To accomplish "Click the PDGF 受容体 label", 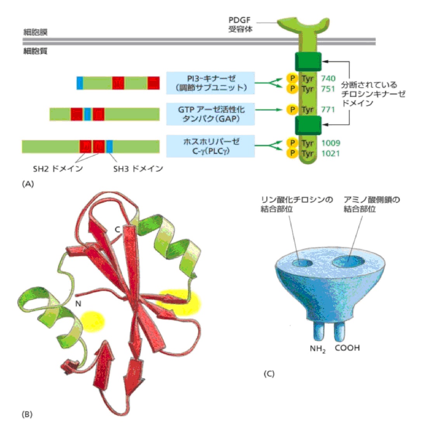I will click(240, 24).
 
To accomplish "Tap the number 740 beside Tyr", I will click(328, 78).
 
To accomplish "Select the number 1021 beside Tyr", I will click(330, 153).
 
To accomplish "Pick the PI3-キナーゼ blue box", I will click(210, 83).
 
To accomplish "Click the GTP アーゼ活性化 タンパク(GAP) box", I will click(210, 114).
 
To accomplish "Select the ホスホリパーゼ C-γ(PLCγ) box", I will click(210, 146).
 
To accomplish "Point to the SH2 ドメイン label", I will click(57, 169).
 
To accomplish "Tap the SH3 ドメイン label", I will click(138, 169).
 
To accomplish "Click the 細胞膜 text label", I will click(35, 32).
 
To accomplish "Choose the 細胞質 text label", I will click(35, 50).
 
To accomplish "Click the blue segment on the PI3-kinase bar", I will click(80, 83).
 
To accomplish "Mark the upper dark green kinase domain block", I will click(308, 62).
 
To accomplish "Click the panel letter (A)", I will click(28, 184).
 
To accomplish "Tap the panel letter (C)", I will click(269, 374).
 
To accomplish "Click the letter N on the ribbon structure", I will click(78, 303).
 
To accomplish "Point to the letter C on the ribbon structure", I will click(117, 229).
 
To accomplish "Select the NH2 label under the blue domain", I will click(318, 349).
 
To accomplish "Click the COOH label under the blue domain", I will click(347, 348).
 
